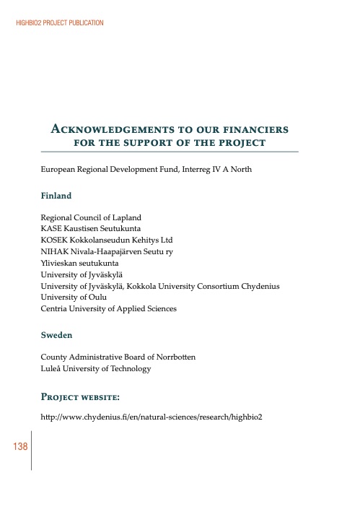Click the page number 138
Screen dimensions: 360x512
click(x=19, y=448)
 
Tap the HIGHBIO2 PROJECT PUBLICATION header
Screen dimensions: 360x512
click(x=59, y=23)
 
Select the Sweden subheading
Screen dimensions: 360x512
click(x=56, y=335)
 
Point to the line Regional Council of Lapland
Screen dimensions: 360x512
click(x=91, y=217)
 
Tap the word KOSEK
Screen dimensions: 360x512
click(x=53, y=240)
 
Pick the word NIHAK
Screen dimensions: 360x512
click(x=53, y=251)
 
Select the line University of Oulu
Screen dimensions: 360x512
click(x=73, y=298)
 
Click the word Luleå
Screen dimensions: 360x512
click(x=52, y=369)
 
